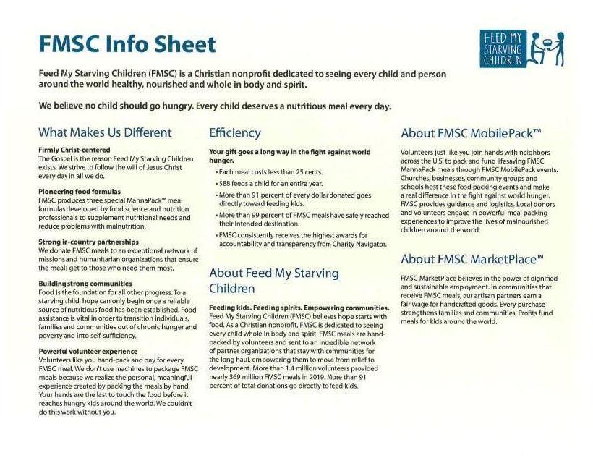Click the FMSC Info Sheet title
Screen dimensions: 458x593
tap(127, 44)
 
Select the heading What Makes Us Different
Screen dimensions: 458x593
tap(105, 132)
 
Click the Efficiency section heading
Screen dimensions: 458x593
tap(235, 132)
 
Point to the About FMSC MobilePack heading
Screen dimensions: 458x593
tap(471, 133)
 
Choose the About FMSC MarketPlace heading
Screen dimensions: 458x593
tap(472, 259)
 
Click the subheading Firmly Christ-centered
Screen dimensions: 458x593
tap(74, 150)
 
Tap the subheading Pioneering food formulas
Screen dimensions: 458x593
tap(80, 192)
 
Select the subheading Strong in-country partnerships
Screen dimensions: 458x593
tap(88, 241)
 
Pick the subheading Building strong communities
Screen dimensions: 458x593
tap(85, 283)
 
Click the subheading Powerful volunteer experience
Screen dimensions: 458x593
tap(88, 351)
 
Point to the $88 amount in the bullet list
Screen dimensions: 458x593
tap(225, 183)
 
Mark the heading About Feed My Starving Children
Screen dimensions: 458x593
tap(273, 281)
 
